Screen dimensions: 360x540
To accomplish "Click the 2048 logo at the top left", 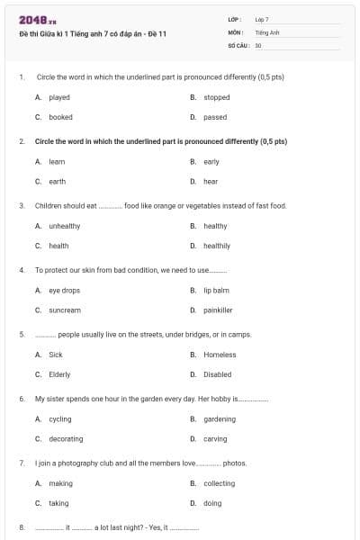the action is coord(32,19).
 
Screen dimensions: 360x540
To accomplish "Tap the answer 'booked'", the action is coord(60,117).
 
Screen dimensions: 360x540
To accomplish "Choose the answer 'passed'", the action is coord(215,117).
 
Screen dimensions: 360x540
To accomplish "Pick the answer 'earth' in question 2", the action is coord(57,181).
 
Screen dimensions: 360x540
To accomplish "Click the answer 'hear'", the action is coord(211,181).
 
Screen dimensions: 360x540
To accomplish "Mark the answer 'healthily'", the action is coord(217,246).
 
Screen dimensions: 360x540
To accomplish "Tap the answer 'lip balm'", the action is coord(216,290).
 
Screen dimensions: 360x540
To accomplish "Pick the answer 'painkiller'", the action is coord(218,310).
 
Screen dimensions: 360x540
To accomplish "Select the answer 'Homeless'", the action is coord(220,355).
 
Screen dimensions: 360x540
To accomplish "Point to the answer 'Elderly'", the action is coord(59,374).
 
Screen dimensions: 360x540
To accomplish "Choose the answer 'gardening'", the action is coord(220,418).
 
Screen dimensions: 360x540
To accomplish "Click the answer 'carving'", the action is coord(215,438).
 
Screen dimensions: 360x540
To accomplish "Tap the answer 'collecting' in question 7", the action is coord(219,483).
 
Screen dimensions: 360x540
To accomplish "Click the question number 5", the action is coord(21,335).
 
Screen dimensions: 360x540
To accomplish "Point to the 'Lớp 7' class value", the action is coord(262,19).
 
